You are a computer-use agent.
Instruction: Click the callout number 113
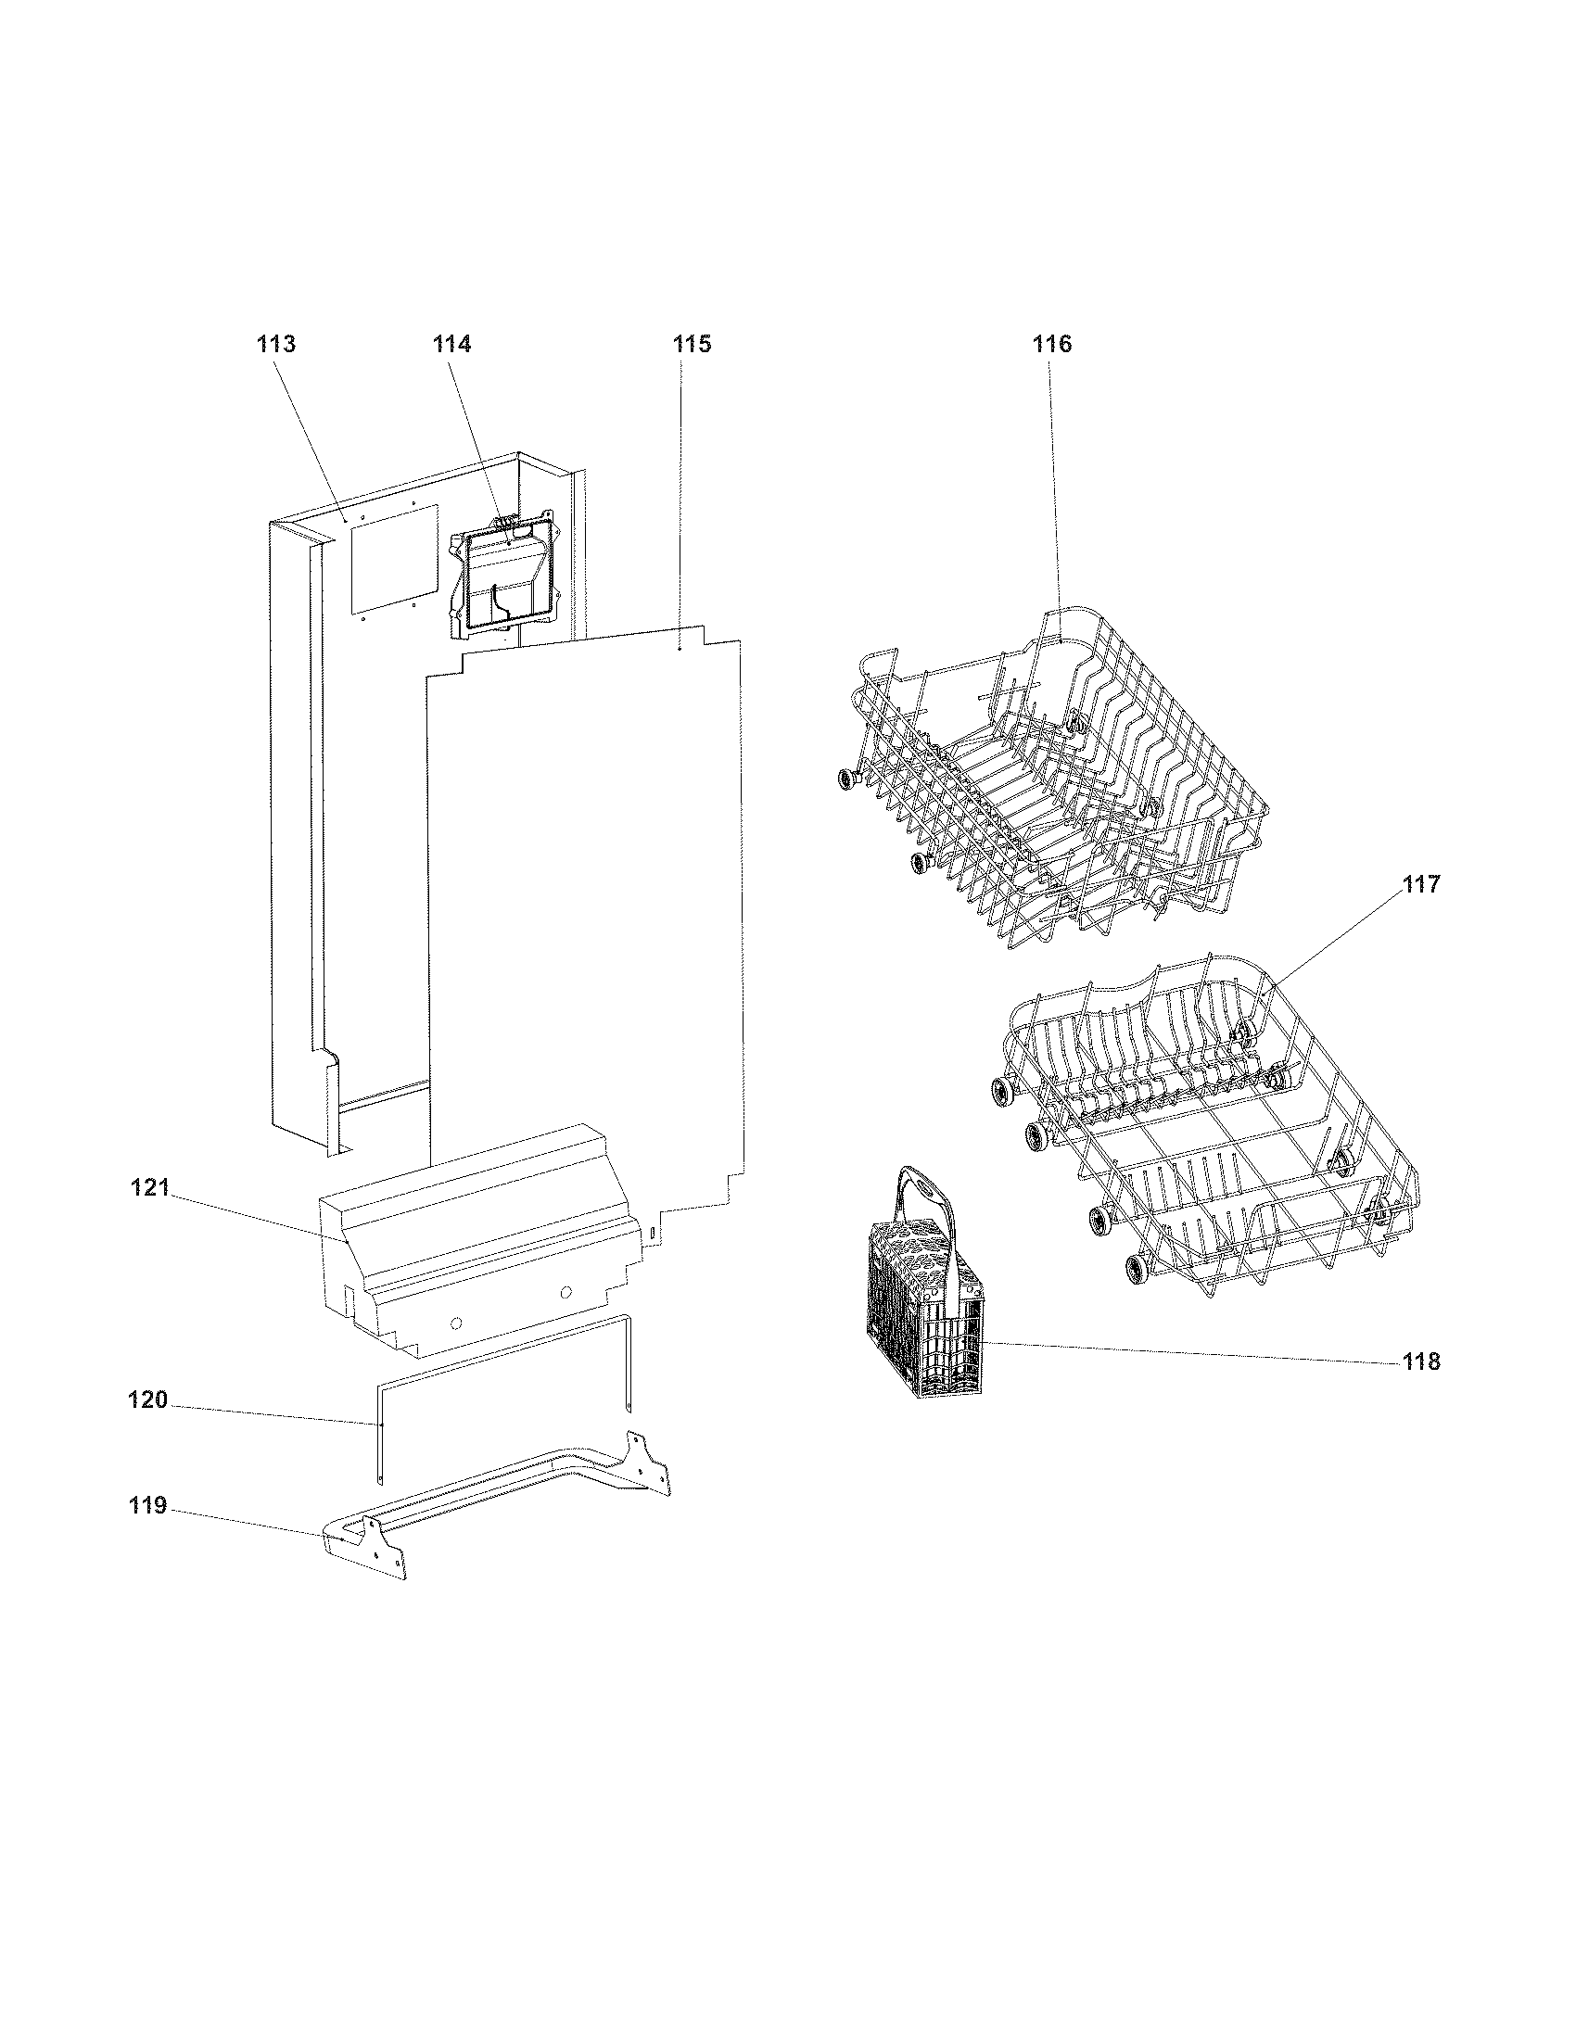tap(276, 345)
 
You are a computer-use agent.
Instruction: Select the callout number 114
tap(451, 345)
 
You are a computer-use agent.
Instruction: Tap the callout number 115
tap(692, 345)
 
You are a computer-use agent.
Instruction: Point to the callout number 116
tap(1051, 345)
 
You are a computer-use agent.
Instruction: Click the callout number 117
tap(1421, 884)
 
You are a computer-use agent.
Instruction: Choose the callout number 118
tap(1421, 1362)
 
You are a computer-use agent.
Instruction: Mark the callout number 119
tap(147, 1506)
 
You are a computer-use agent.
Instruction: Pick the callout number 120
tap(147, 1400)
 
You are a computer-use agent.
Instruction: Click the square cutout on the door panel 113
tap(393, 560)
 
